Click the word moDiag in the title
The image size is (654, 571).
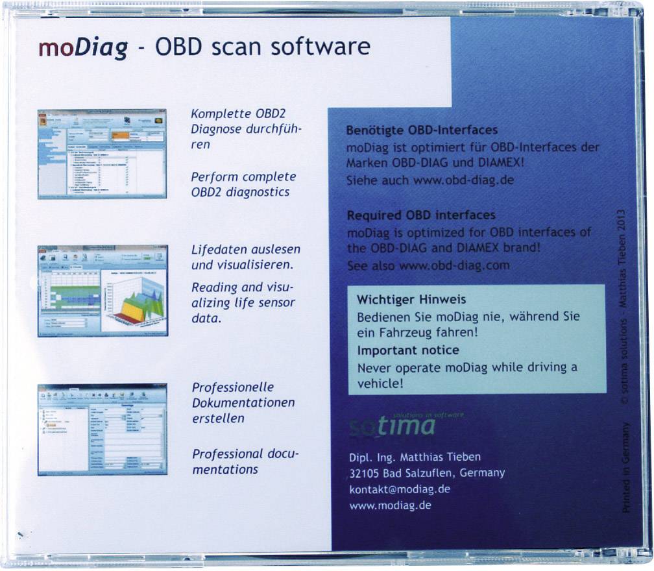(x=82, y=49)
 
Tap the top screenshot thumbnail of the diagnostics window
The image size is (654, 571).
(x=102, y=153)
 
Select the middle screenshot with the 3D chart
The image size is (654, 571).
(x=103, y=290)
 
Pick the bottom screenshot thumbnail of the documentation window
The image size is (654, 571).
(x=103, y=430)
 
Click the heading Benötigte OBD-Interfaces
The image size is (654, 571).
(x=422, y=131)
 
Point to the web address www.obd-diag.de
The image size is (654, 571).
(x=463, y=180)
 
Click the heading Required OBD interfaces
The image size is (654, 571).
(x=421, y=215)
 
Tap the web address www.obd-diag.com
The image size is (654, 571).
(x=454, y=265)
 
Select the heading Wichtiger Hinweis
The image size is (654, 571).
(x=411, y=300)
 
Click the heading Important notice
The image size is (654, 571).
(x=408, y=350)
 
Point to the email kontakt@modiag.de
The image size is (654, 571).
(x=400, y=489)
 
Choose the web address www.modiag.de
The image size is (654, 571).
(x=390, y=505)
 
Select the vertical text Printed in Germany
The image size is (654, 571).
(x=626, y=467)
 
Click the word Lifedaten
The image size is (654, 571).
(x=218, y=250)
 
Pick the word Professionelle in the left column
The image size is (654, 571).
(x=234, y=387)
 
